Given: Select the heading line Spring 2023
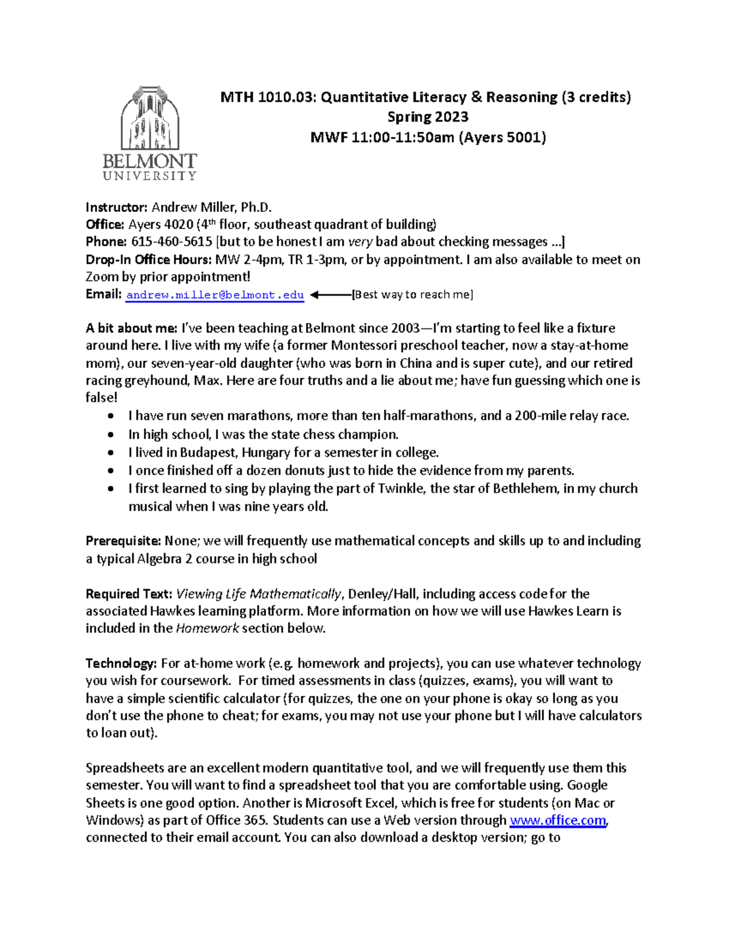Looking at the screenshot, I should pyautogui.click(x=428, y=117).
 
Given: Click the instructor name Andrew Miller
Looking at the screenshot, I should pyautogui.click(x=194, y=207).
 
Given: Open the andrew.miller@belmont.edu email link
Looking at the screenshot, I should pyautogui.click(x=214, y=295).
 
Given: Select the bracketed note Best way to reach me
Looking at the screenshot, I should pyautogui.click(x=413, y=295).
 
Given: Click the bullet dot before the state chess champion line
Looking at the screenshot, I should pyautogui.click(x=110, y=435).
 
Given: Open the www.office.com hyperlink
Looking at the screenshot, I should pyautogui.click(x=558, y=820).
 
